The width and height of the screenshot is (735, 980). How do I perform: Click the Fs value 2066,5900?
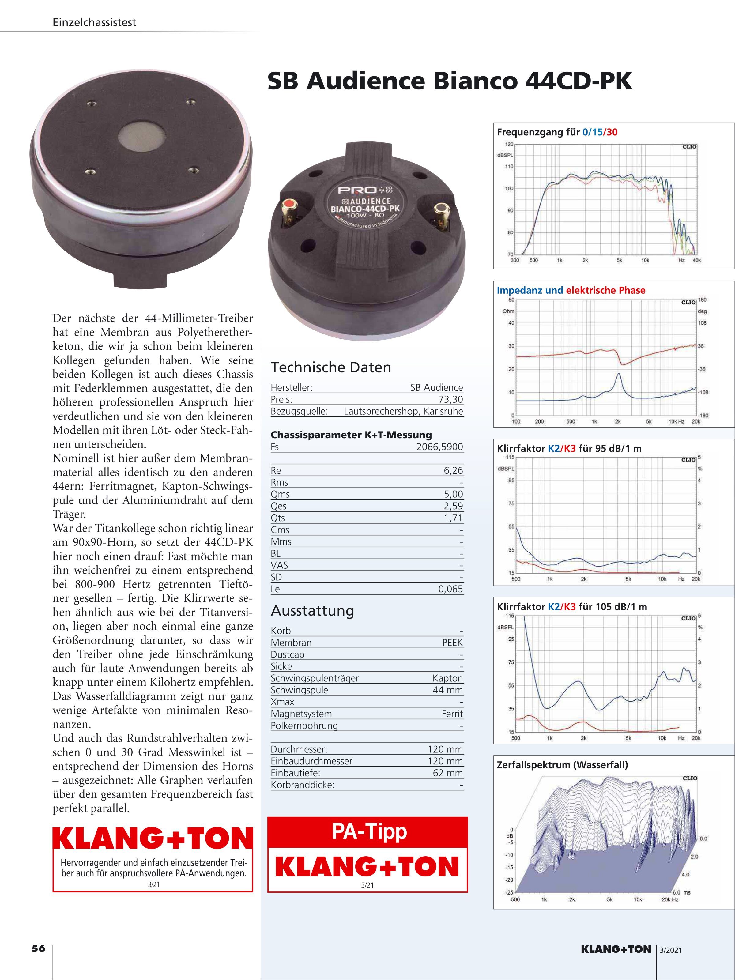click(439, 447)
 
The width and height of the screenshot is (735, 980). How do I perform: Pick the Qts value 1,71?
click(453, 518)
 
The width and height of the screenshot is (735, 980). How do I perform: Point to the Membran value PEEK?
click(452, 643)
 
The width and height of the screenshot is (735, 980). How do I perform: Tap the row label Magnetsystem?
click(301, 714)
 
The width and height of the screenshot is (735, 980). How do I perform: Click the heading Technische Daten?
click(331, 367)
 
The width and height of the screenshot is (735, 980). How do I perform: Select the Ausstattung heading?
click(312, 611)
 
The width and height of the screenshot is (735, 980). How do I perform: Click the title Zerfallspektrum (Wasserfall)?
click(562, 765)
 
